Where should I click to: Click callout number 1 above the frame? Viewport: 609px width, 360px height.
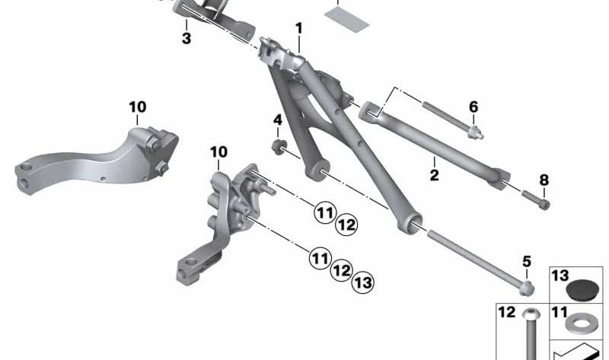[x=299, y=28]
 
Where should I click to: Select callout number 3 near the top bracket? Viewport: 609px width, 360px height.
[x=187, y=37]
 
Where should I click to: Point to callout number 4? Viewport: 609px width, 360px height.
[x=278, y=119]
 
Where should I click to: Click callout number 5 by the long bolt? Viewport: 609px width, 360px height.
[x=527, y=262]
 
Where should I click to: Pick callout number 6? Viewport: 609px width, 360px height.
[x=473, y=107]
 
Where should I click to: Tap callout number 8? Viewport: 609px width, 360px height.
[x=544, y=180]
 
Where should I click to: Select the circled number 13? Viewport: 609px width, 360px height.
[x=363, y=283]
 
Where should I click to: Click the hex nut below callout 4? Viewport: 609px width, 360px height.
[x=280, y=145]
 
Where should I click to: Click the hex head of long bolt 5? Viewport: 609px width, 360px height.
[x=527, y=287]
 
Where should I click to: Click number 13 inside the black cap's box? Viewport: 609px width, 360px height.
[x=560, y=276]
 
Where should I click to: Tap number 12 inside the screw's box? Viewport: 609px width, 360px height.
[x=507, y=312]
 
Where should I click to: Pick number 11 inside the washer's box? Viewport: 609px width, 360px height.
[x=560, y=312]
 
